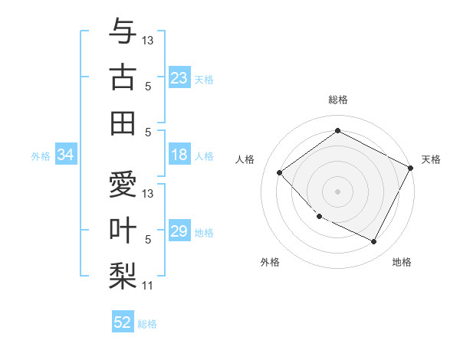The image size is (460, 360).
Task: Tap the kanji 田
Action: [x=123, y=123]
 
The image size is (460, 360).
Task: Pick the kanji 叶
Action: [x=123, y=231]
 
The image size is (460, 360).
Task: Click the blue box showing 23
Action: [x=179, y=77]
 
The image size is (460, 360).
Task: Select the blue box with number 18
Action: [x=179, y=155]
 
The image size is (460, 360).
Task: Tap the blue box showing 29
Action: [x=179, y=231]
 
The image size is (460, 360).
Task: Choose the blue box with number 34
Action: [x=66, y=155]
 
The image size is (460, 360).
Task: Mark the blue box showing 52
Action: [x=123, y=322]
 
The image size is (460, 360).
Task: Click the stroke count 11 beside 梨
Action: [x=148, y=286]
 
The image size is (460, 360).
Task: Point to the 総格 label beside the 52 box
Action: [x=148, y=324]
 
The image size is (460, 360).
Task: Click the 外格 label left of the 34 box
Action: [x=41, y=156]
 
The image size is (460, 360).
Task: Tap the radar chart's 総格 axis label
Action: [x=338, y=100]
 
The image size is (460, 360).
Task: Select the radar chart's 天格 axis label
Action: [x=431, y=159]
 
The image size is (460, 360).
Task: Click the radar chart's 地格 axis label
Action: [x=402, y=262]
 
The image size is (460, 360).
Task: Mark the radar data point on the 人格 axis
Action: [x=280, y=172]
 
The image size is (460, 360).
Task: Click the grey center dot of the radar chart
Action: [x=337, y=191]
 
